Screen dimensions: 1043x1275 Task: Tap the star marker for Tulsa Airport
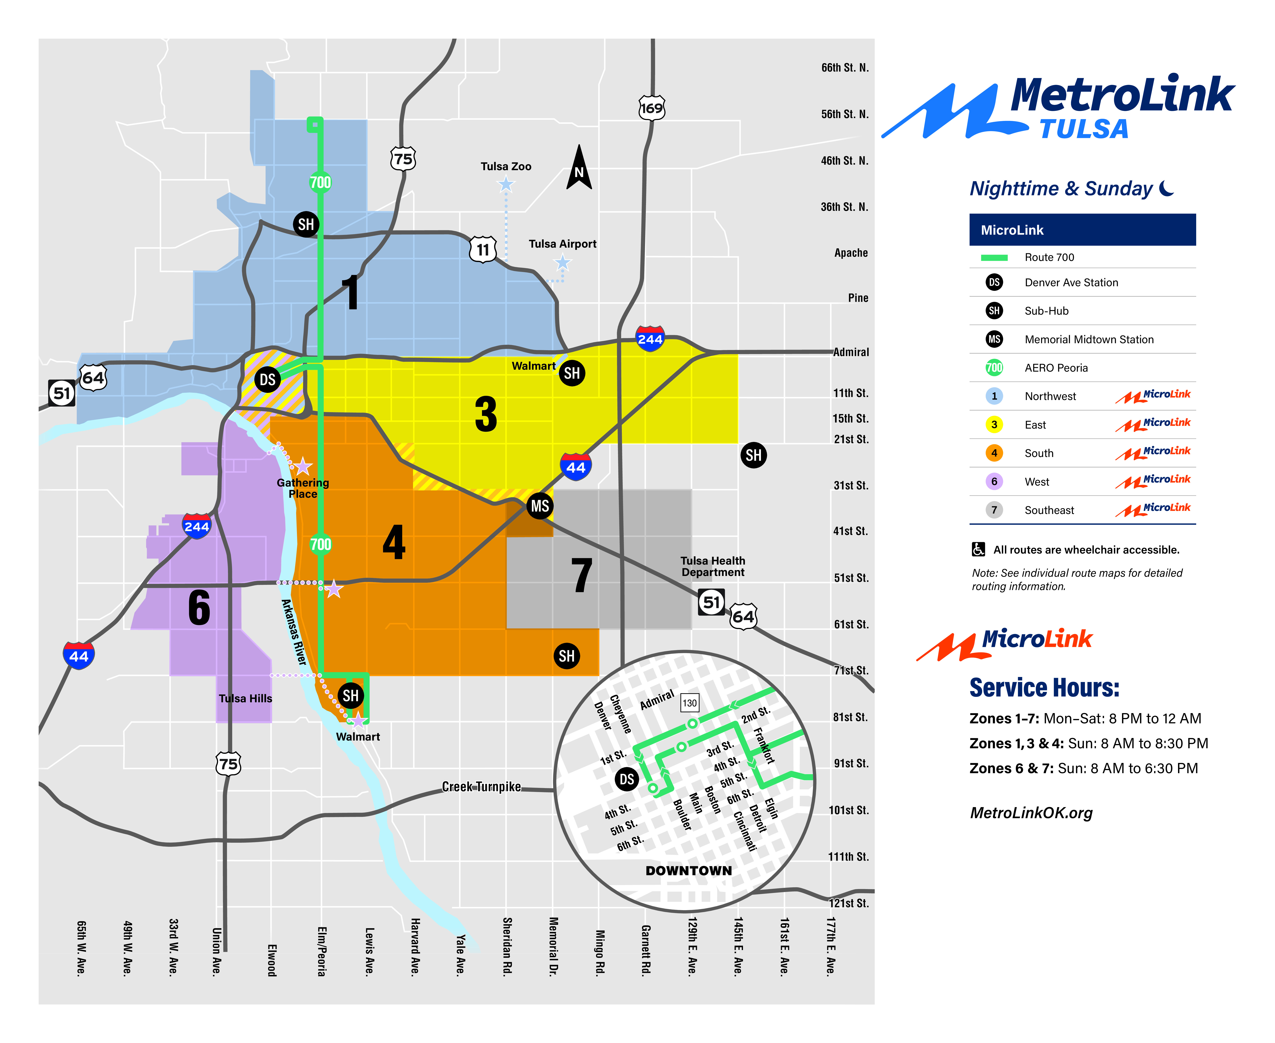coord(562,262)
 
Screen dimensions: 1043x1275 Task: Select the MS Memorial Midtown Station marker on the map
coord(540,506)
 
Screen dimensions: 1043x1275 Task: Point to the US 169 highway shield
coord(651,108)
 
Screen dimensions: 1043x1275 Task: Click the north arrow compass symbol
coord(579,168)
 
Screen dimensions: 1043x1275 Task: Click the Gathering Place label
coord(303,488)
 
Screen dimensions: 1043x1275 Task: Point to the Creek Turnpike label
coord(481,786)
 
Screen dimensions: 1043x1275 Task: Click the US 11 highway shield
coord(483,249)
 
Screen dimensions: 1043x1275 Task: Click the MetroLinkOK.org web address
coord(1031,813)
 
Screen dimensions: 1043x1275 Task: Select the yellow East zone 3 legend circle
coord(994,425)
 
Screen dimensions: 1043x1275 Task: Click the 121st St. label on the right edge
coord(848,903)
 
